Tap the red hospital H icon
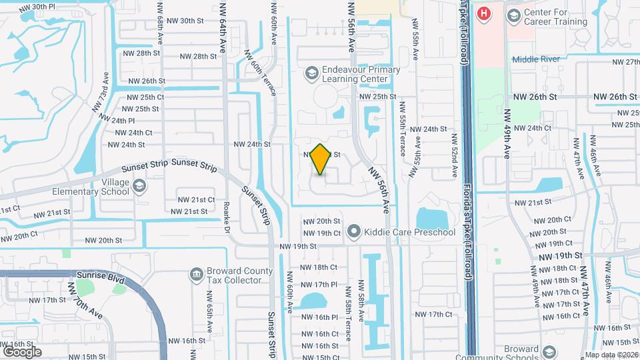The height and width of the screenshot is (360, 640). click(484, 13)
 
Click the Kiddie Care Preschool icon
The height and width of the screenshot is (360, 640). click(353, 232)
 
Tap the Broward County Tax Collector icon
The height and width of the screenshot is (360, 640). click(196, 274)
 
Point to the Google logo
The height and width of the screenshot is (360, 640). click(22, 351)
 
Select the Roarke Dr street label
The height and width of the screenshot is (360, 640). click(227, 215)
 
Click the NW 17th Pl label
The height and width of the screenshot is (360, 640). click(315, 285)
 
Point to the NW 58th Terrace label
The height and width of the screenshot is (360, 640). click(348, 305)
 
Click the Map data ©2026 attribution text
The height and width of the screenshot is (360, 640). click(611, 354)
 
